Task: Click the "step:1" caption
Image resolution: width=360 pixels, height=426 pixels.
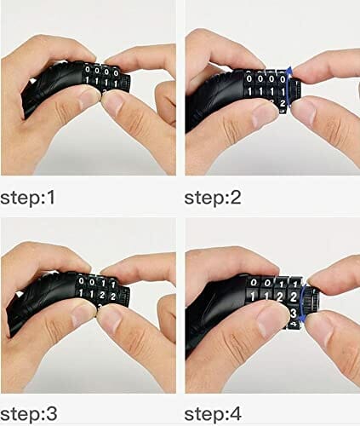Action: [x=27, y=198]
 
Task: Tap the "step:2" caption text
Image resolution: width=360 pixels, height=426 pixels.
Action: [x=213, y=198]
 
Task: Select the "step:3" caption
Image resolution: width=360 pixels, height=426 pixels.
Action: [x=29, y=414]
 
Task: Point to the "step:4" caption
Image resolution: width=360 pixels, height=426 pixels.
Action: [x=213, y=414]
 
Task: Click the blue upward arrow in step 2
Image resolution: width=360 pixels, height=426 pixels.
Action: [x=288, y=88]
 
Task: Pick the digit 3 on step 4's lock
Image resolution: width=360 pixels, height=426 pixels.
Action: [x=294, y=314]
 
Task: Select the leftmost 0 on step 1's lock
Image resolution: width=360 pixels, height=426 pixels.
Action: [x=88, y=69]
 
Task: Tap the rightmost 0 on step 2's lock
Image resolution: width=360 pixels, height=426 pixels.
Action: [x=283, y=79]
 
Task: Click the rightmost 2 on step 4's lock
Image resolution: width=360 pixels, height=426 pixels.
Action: [x=294, y=297]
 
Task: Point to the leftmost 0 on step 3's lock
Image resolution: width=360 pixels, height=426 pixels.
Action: [x=82, y=281]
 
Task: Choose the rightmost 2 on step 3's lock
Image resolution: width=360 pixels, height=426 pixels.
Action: [x=113, y=296]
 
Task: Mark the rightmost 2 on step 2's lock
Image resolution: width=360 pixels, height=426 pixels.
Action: [x=282, y=104]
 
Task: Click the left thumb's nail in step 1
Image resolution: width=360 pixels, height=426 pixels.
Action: [x=89, y=97]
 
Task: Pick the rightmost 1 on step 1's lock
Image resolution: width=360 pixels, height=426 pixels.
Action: [x=116, y=83]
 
